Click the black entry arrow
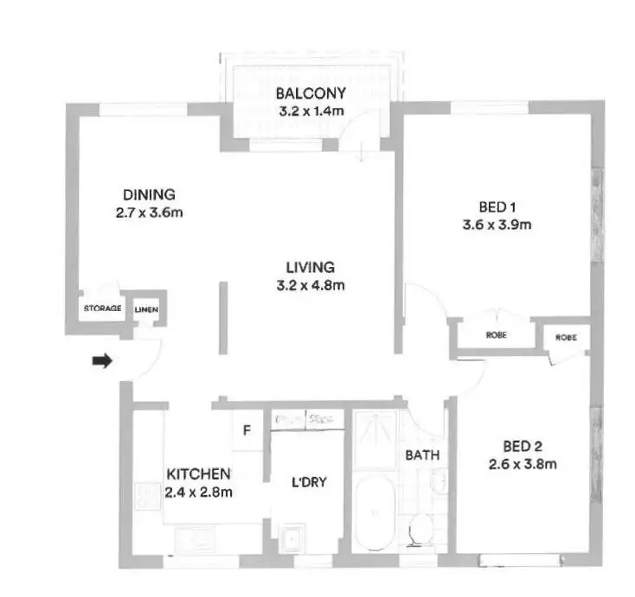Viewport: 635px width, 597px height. point(102,362)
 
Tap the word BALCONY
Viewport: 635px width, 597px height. point(311,93)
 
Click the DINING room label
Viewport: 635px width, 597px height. point(148,194)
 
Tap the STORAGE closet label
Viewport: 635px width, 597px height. point(101,308)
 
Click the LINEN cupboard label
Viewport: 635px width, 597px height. point(145,308)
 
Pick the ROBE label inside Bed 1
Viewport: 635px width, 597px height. point(496,334)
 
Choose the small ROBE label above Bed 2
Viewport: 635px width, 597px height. point(566,337)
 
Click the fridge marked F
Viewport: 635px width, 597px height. point(247,429)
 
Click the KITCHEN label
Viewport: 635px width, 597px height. point(198,473)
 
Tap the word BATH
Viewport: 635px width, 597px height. point(423,455)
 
